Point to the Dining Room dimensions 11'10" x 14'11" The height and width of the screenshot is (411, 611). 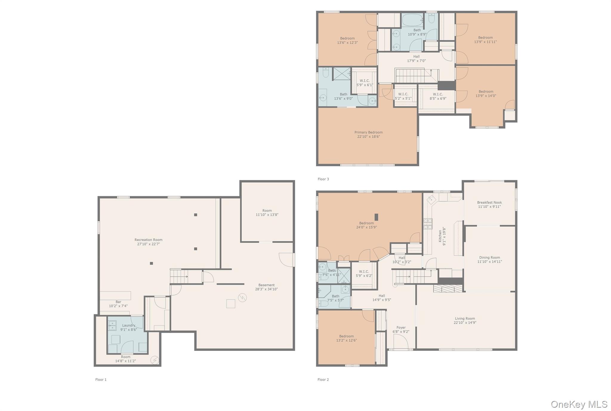pos(490,262)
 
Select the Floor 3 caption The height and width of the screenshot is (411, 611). pos(323,179)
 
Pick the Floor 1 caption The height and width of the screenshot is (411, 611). pos(101,380)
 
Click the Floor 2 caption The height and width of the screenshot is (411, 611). pos(323,380)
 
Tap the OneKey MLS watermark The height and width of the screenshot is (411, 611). pos(579,404)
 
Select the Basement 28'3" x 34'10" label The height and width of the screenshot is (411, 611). pos(266,287)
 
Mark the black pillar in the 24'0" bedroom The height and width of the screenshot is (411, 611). pos(376,217)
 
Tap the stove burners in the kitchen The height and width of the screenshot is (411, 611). pos(428,224)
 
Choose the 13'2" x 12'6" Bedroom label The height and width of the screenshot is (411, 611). pos(346,338)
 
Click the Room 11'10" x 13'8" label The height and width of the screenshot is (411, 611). pos(267,212)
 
